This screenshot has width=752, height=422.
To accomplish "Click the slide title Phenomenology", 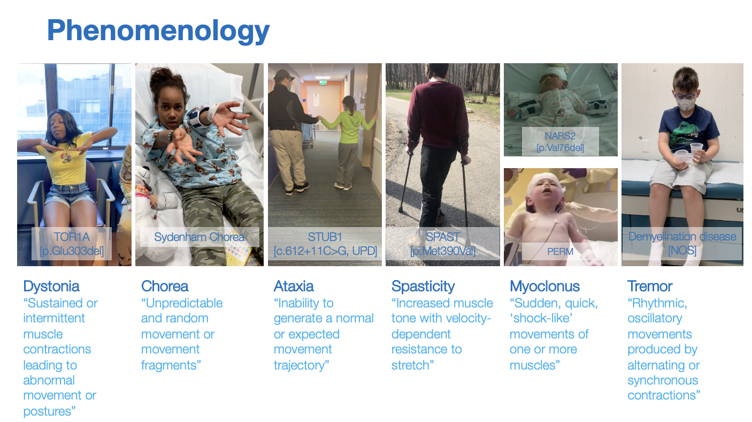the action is tap(158, 31).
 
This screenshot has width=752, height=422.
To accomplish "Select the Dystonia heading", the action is tap(51, 287).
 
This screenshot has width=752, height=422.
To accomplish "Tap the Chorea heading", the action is tap(165, 287).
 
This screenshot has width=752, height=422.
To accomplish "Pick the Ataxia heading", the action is tap(294, 287).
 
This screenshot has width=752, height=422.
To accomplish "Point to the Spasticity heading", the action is tap(423, 287).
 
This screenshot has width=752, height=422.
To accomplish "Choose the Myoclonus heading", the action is tap(544, 287).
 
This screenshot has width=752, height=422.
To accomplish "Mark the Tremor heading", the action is tap(650, 287).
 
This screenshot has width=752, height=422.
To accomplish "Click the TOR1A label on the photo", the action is tap(72, 237).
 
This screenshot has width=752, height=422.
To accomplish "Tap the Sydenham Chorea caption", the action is tap(199, 237).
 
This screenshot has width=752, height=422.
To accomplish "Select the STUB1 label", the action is tap(325, 237).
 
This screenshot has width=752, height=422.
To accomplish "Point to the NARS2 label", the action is tap(560, 136).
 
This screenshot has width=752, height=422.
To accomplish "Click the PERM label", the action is tap(561, 252).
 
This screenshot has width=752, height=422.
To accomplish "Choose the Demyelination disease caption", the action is tap(682, 237).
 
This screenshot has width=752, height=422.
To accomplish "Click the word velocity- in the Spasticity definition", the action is tap(466, 319).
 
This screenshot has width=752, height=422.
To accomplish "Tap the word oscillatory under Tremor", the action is tap(655, 319).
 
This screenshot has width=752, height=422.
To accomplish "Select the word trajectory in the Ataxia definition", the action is tap(301, 366).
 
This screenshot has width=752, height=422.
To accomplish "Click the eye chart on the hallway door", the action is tap(316, 100).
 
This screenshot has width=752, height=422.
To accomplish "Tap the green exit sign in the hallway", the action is tap(323, 82).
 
